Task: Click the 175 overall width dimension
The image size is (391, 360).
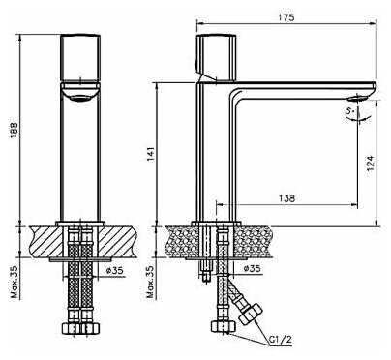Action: click(x=286, y=17)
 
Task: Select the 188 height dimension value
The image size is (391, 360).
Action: click(x=14, y=130)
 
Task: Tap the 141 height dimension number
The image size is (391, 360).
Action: click(x=151, y=154)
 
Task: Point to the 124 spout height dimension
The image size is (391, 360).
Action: click(x=371, y=163)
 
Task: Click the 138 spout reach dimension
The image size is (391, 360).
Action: click(x=286, y=198)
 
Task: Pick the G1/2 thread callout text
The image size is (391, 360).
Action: click(x=281, y=339)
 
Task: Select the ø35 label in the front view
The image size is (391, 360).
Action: click(x=114, y=270)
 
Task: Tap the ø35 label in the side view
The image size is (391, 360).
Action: click(x=252, y=268)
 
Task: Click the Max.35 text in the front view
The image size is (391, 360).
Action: click(x=15, y=282)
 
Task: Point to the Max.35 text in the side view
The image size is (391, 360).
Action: click(x=151, y=282)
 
